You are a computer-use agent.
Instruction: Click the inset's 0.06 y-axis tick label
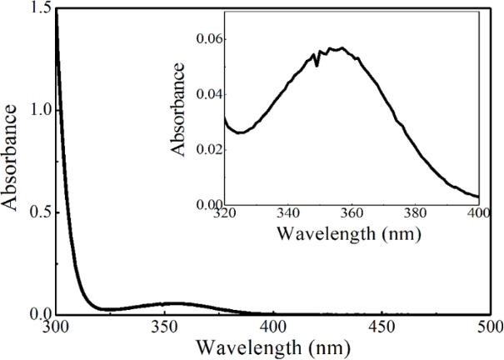(208, 39)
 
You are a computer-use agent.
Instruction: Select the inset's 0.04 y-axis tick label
(208, 94)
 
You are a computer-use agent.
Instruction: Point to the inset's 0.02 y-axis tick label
(208, 149)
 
